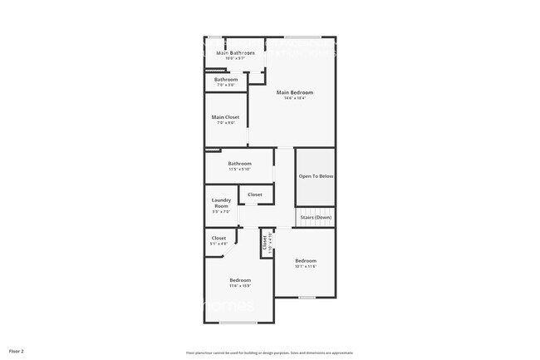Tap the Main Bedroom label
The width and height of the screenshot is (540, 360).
tap(295, 92)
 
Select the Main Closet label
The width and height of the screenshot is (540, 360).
tap(225, 117)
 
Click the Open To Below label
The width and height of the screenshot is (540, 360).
tap(316, 176)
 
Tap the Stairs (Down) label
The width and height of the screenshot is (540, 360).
tap(316, 218)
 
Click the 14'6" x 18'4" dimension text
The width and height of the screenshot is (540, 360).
tap(295, 99)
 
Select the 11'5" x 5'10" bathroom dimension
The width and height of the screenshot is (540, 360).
tap(240, 170)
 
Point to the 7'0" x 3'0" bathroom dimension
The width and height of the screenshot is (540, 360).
tap(226, 86)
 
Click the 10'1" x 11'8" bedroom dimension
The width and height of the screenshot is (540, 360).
tap(305, 267)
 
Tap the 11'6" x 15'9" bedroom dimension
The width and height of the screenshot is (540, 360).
tap(240, 286)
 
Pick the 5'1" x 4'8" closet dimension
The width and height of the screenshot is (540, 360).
tap(218, 244)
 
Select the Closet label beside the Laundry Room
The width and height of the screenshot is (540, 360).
tap(254, 195)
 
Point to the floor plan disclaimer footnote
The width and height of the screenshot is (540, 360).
tap(269, 353)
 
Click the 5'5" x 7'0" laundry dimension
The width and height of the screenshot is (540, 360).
tap(221, 212)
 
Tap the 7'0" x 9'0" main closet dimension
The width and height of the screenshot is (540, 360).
tap(225, 123)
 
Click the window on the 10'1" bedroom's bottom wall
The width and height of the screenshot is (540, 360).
tap(307, 297)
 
